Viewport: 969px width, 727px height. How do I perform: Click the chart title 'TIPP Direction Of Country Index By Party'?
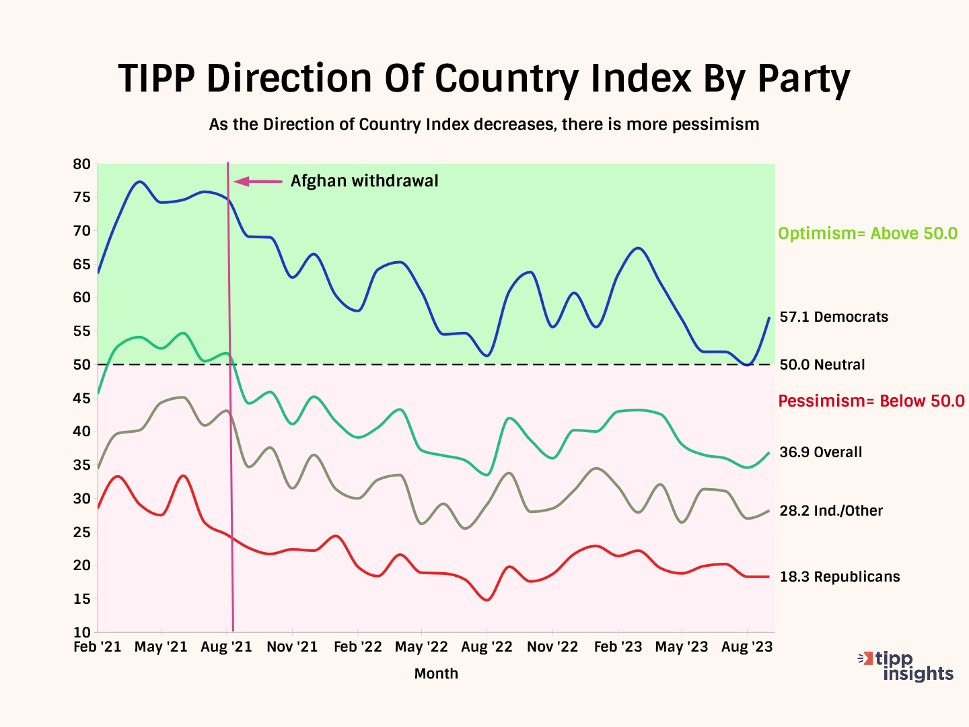[484, 79]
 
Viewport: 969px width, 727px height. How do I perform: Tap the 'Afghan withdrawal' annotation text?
[364, 181]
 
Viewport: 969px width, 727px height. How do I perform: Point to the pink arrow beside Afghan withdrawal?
[258, 181]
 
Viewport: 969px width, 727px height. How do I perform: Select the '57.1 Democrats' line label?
[834, 317]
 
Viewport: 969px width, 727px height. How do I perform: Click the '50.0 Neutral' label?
[822, 365]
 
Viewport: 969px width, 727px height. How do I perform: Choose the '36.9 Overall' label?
[820, 452]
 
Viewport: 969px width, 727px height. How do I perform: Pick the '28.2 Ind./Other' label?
[831, 511]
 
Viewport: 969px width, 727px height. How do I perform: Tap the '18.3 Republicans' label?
[839, 577]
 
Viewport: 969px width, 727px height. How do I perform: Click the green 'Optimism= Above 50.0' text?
[867, 234]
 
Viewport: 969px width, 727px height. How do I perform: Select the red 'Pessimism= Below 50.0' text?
[871, 401]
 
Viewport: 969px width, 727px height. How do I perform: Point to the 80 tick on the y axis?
[81, 164]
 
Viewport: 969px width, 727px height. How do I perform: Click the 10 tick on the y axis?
[81, 633]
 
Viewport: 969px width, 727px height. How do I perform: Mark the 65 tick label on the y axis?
[81, 265]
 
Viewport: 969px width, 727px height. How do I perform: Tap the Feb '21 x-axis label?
[98, 648]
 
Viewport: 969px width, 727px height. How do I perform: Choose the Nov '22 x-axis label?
[552, 648]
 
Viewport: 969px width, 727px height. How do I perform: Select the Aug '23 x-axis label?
[747, 648]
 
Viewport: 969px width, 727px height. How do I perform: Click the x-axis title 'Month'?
[436, 674]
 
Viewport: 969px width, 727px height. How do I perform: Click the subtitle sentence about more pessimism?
[484, 125]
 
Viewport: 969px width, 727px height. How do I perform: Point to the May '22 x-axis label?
[421, 648]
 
